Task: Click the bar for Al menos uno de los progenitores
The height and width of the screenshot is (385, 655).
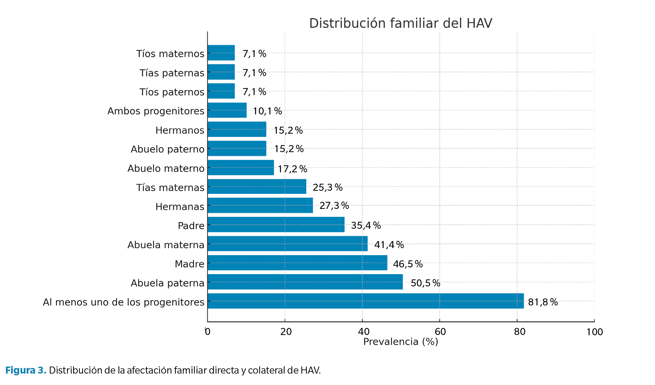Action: coord(365,301)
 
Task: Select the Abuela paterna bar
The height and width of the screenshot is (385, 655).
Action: coord(305,282)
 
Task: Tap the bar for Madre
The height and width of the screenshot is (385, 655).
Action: coord(297,263)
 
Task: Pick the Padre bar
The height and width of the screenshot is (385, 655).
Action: coord(276,224)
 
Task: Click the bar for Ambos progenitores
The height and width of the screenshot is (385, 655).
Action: coord(227,110)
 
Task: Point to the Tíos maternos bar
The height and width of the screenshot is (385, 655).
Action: coord(221,53)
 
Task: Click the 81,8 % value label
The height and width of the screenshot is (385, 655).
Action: coord(543,302)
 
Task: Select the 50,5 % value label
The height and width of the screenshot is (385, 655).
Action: coord(425,283)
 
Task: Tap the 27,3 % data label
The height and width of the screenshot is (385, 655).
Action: coord(334,205)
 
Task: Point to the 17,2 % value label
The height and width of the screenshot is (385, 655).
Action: coord(292,169)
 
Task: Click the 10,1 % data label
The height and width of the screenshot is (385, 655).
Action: coord(267,111)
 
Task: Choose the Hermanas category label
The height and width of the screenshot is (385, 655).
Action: coord(180,207)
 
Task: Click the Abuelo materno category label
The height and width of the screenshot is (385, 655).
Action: coord(166,169)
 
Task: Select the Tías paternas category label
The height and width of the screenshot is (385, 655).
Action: coord(172,73)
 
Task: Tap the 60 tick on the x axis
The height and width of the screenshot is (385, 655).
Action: coord(440,331)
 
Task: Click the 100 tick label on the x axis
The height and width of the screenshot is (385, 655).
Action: coord(594,332)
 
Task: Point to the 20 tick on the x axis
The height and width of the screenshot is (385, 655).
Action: coord(286,331)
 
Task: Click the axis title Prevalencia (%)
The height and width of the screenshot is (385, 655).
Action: coord(400,341)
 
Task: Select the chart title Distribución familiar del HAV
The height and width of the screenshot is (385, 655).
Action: coord(400,23)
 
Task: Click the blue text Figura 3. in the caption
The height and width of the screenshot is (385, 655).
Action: coord(26,370)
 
